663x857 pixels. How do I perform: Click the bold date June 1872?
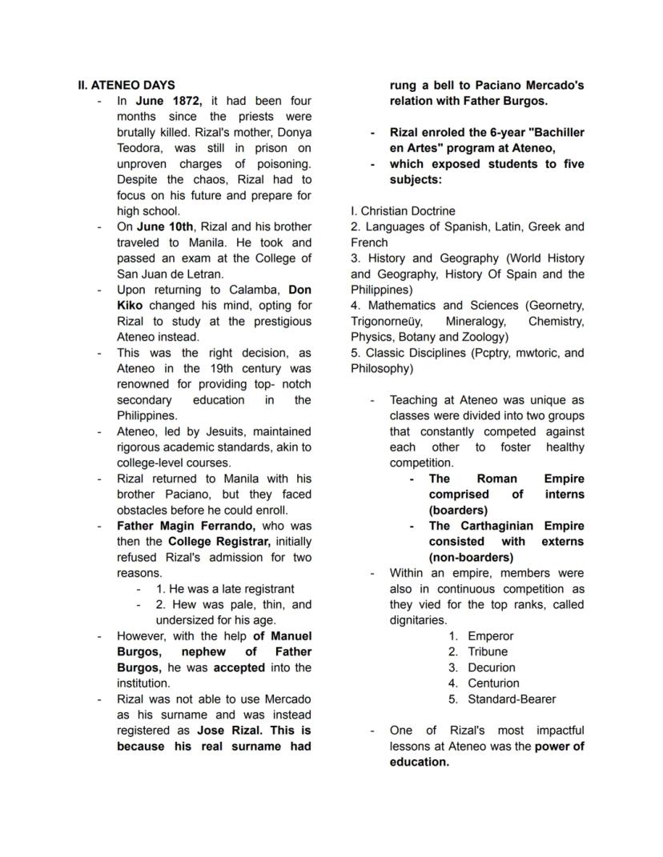click(x=169, y=101)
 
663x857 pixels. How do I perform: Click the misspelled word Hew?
click(x=183, y=604)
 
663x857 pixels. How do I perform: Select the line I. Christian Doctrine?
click(x=403, y=211)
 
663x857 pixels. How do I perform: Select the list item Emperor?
click(x=491, y=636)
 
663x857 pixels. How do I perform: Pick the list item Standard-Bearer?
click(x=512, y=699)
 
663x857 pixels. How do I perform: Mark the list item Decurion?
click(x=492, y=667)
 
